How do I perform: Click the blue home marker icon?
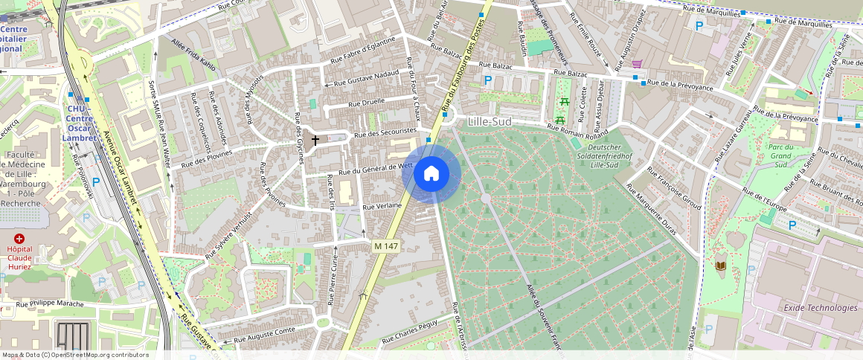tap(431, 174)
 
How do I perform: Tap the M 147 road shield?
tap(387, 245)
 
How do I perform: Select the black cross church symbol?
tap(315, 140)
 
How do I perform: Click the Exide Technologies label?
tap(820, 307)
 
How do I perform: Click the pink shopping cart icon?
tap(637, 64)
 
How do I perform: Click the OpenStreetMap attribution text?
tap(75, 355)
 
